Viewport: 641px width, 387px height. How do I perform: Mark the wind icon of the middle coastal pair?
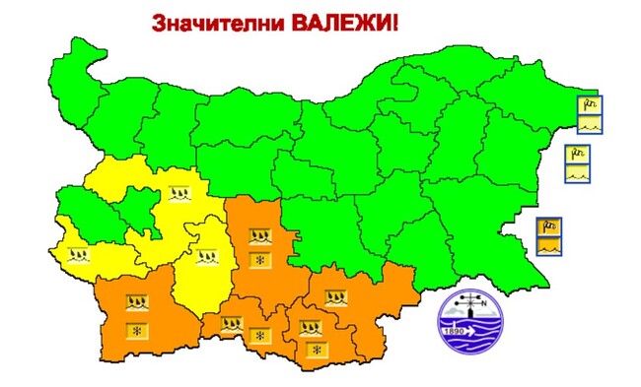[x=577, y=154]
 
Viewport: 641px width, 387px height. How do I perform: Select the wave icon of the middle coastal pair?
[x=577, y=172]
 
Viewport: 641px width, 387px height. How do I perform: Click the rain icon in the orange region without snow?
[x=335, y=295]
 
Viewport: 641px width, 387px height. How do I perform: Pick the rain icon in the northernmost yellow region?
[x=178, y=193]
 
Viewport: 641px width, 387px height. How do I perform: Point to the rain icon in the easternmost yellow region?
[x=205, y=258]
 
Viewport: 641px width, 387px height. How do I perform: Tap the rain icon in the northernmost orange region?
[x=259, y=236]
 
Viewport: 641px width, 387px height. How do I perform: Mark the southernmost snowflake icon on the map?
[x=317, y=350]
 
